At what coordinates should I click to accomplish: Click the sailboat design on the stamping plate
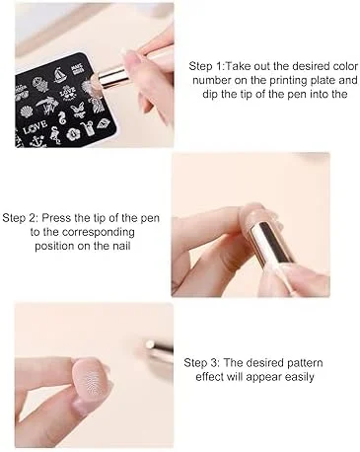point(59,75)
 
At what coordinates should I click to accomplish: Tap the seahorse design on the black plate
point(62,118)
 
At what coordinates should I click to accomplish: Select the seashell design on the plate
point(27,112)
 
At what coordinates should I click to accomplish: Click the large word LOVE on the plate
point(35,127)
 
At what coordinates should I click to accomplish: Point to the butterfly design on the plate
point(77,109)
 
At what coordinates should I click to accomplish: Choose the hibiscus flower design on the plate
point(72,133)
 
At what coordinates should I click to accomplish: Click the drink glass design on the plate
point(88,128)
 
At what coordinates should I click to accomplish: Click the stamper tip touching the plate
point(95,80)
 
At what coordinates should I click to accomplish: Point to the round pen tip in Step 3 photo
point(149,345)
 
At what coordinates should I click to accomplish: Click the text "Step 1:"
point(206,66)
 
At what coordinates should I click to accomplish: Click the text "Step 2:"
point(21,218)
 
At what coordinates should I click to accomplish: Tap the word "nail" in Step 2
point(121,246)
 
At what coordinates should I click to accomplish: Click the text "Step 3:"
point(201,363)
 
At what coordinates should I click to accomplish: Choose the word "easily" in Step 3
point(299,377)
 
